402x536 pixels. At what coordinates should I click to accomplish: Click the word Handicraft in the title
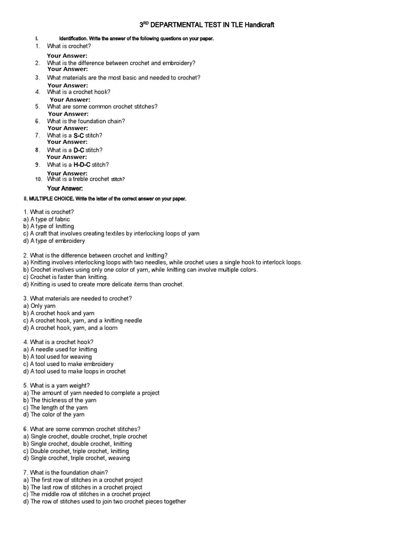[256, 25]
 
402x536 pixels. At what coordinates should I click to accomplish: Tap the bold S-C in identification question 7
[79, 136]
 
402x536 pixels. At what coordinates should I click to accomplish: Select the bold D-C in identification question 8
[79, 150]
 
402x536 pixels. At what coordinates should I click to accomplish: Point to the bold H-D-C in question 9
[82, 165]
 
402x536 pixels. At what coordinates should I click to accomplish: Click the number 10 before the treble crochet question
[38, 180]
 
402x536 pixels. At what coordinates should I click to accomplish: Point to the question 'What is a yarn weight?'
[56, 385]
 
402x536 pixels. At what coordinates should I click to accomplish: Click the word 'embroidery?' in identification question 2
[178, 63]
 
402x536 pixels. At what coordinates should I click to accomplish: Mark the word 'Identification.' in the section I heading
[73, 39]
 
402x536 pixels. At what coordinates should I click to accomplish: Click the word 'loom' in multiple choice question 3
[110, 328]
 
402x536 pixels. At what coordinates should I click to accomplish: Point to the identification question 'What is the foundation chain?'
[86, 121]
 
